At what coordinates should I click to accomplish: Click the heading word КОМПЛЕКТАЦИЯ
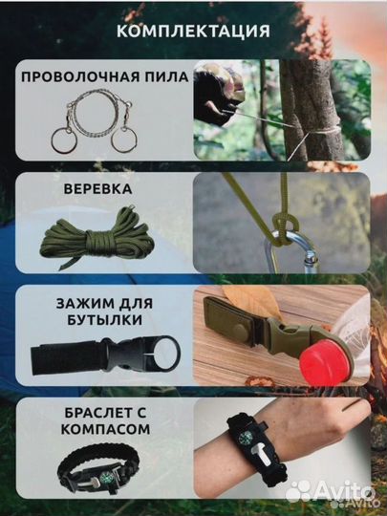tap(193, 31)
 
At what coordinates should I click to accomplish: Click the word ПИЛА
tap(160, 77)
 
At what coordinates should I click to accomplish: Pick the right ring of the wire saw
tap(123, 140)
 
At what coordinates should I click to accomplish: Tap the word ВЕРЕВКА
tap(97, 188)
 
